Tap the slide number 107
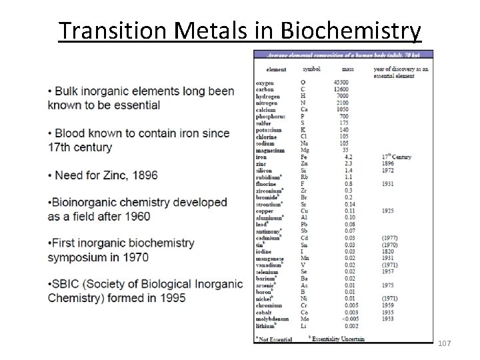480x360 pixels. pos(445,343)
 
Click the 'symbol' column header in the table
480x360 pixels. pos(311,69)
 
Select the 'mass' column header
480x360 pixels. pos(348,69)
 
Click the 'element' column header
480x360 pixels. pos(276,69)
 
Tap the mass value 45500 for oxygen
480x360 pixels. pos(341,82)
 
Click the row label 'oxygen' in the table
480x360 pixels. pos(265,82)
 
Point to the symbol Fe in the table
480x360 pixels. pos(305,157)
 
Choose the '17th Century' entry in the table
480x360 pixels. pos(398,157)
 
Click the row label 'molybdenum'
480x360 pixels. pos(272,319)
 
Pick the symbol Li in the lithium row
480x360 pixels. pos(305,326)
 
